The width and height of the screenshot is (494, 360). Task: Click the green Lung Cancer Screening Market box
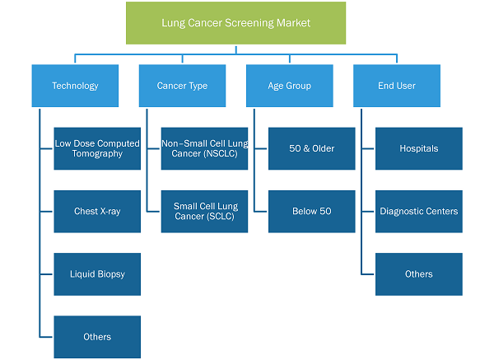(x=235, y=23)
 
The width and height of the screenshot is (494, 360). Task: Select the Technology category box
(x=75, y=86)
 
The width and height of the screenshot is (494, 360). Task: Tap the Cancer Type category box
(x=182, y=86)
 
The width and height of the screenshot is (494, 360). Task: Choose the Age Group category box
(x=290, y=86)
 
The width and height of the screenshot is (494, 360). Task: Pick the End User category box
(x=397, y=86)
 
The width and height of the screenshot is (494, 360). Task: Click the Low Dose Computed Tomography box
(x=97, y=148)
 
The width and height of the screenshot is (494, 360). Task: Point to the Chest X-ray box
(x=97, y=211)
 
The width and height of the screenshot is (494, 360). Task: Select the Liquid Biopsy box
(x=97, y=274)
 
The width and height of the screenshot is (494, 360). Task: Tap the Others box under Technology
(x=97, y=337)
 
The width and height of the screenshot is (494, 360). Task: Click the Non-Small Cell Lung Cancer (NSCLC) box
(x=204, y=148)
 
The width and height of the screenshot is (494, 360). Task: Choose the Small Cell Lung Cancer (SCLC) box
(x=204, y=211)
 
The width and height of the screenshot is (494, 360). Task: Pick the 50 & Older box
(x=312, y=148)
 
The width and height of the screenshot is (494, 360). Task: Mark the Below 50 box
(x=312, y=211)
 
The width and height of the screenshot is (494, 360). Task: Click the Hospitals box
(x=419, y=148)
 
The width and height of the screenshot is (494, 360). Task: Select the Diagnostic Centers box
(x=419, y=211)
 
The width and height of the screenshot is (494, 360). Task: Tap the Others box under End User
(x=419, y=274)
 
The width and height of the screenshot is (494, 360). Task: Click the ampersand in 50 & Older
(x=306, y=148)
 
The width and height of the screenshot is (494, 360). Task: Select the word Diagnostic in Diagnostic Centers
(x=400, y=212)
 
